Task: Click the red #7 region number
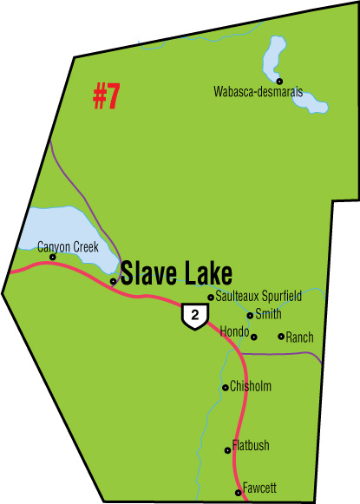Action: coord(106,98)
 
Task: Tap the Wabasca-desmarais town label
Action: coord(258,91)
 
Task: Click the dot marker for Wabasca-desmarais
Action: coord(279,81)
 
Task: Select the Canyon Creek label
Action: coord(67,247)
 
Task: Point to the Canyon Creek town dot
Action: coord(53,257)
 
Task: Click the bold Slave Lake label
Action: coord(176,274)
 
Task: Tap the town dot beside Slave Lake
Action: coord(114,281)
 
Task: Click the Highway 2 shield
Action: coord(193,317)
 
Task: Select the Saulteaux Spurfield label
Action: coord(259,297)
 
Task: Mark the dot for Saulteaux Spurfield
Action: coord(211,298)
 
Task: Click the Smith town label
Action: coord(269,315)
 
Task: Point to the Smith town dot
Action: coord(250,316)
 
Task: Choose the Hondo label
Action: coord(234,332)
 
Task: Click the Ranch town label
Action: coord(299,337)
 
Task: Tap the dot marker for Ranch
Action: coord(280,337)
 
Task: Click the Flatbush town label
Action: coord(251,446)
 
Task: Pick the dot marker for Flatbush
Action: coord(227,449)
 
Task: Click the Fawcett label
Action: coord(259,489)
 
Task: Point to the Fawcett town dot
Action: coord(239,493)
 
